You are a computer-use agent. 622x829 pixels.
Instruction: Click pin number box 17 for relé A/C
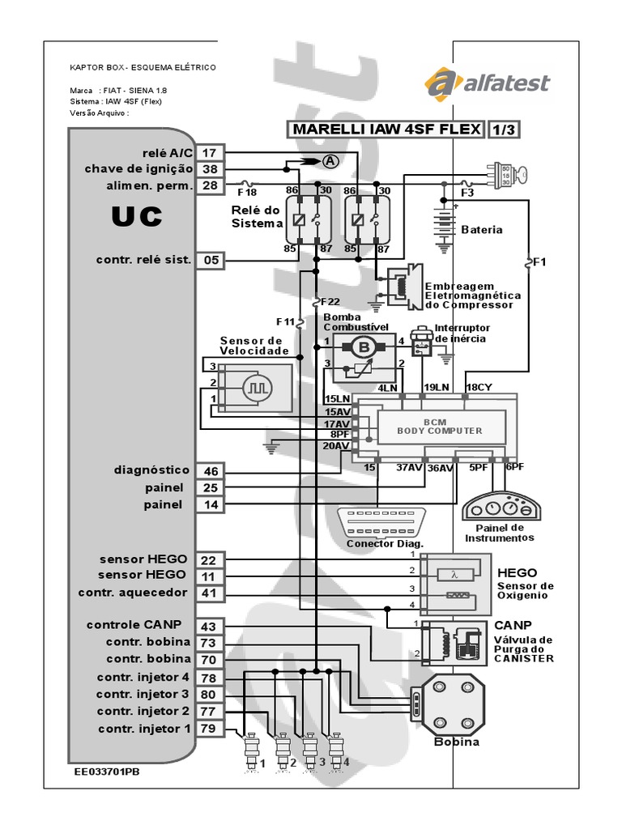[x=210, y=153]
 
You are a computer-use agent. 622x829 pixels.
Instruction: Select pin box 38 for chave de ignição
[x=210, y=169]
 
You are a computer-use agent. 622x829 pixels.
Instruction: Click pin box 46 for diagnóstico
[x=211, y=470]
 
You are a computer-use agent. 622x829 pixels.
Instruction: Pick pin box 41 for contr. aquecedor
[x=208, y=593]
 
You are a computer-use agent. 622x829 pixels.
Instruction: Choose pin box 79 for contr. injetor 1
[x=208, y=729]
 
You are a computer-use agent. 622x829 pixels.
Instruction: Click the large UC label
[x=136, y=216]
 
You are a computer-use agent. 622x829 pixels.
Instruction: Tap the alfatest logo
[x=487, y=83]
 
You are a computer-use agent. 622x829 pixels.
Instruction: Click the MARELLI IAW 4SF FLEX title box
[x=384, y=130]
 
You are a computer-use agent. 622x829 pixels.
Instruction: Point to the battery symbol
[x=441, y=219]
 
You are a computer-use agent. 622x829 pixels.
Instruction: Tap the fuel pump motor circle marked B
[x=363, y=347]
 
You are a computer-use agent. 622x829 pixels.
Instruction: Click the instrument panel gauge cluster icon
[x=503, y=506]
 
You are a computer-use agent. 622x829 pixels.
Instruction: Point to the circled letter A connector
[x=330, y=160]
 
